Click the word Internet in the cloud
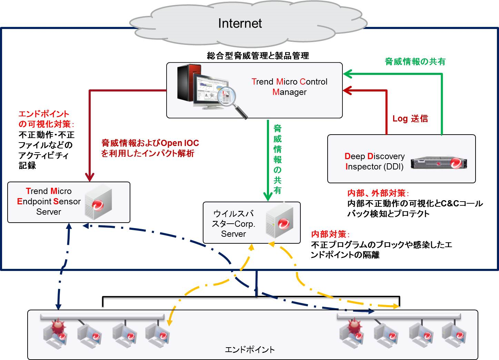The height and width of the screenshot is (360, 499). point(240,23)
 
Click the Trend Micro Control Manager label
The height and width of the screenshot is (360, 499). point(289,87)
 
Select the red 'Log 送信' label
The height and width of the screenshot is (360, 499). point(410,119)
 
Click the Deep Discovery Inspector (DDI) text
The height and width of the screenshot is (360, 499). point(375,162)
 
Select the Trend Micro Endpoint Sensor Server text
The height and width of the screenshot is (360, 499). point(49,202)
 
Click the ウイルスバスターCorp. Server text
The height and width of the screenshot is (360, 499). point(233,224)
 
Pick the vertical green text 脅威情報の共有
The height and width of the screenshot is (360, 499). point(278,159)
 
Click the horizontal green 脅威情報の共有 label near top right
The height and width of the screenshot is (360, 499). point(415,62)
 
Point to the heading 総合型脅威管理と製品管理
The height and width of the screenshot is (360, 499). point(258,56)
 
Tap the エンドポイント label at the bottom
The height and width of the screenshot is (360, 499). point(250,350)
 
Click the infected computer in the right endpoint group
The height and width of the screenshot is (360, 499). point(352,333)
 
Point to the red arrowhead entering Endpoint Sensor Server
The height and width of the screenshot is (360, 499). point(90,177)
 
